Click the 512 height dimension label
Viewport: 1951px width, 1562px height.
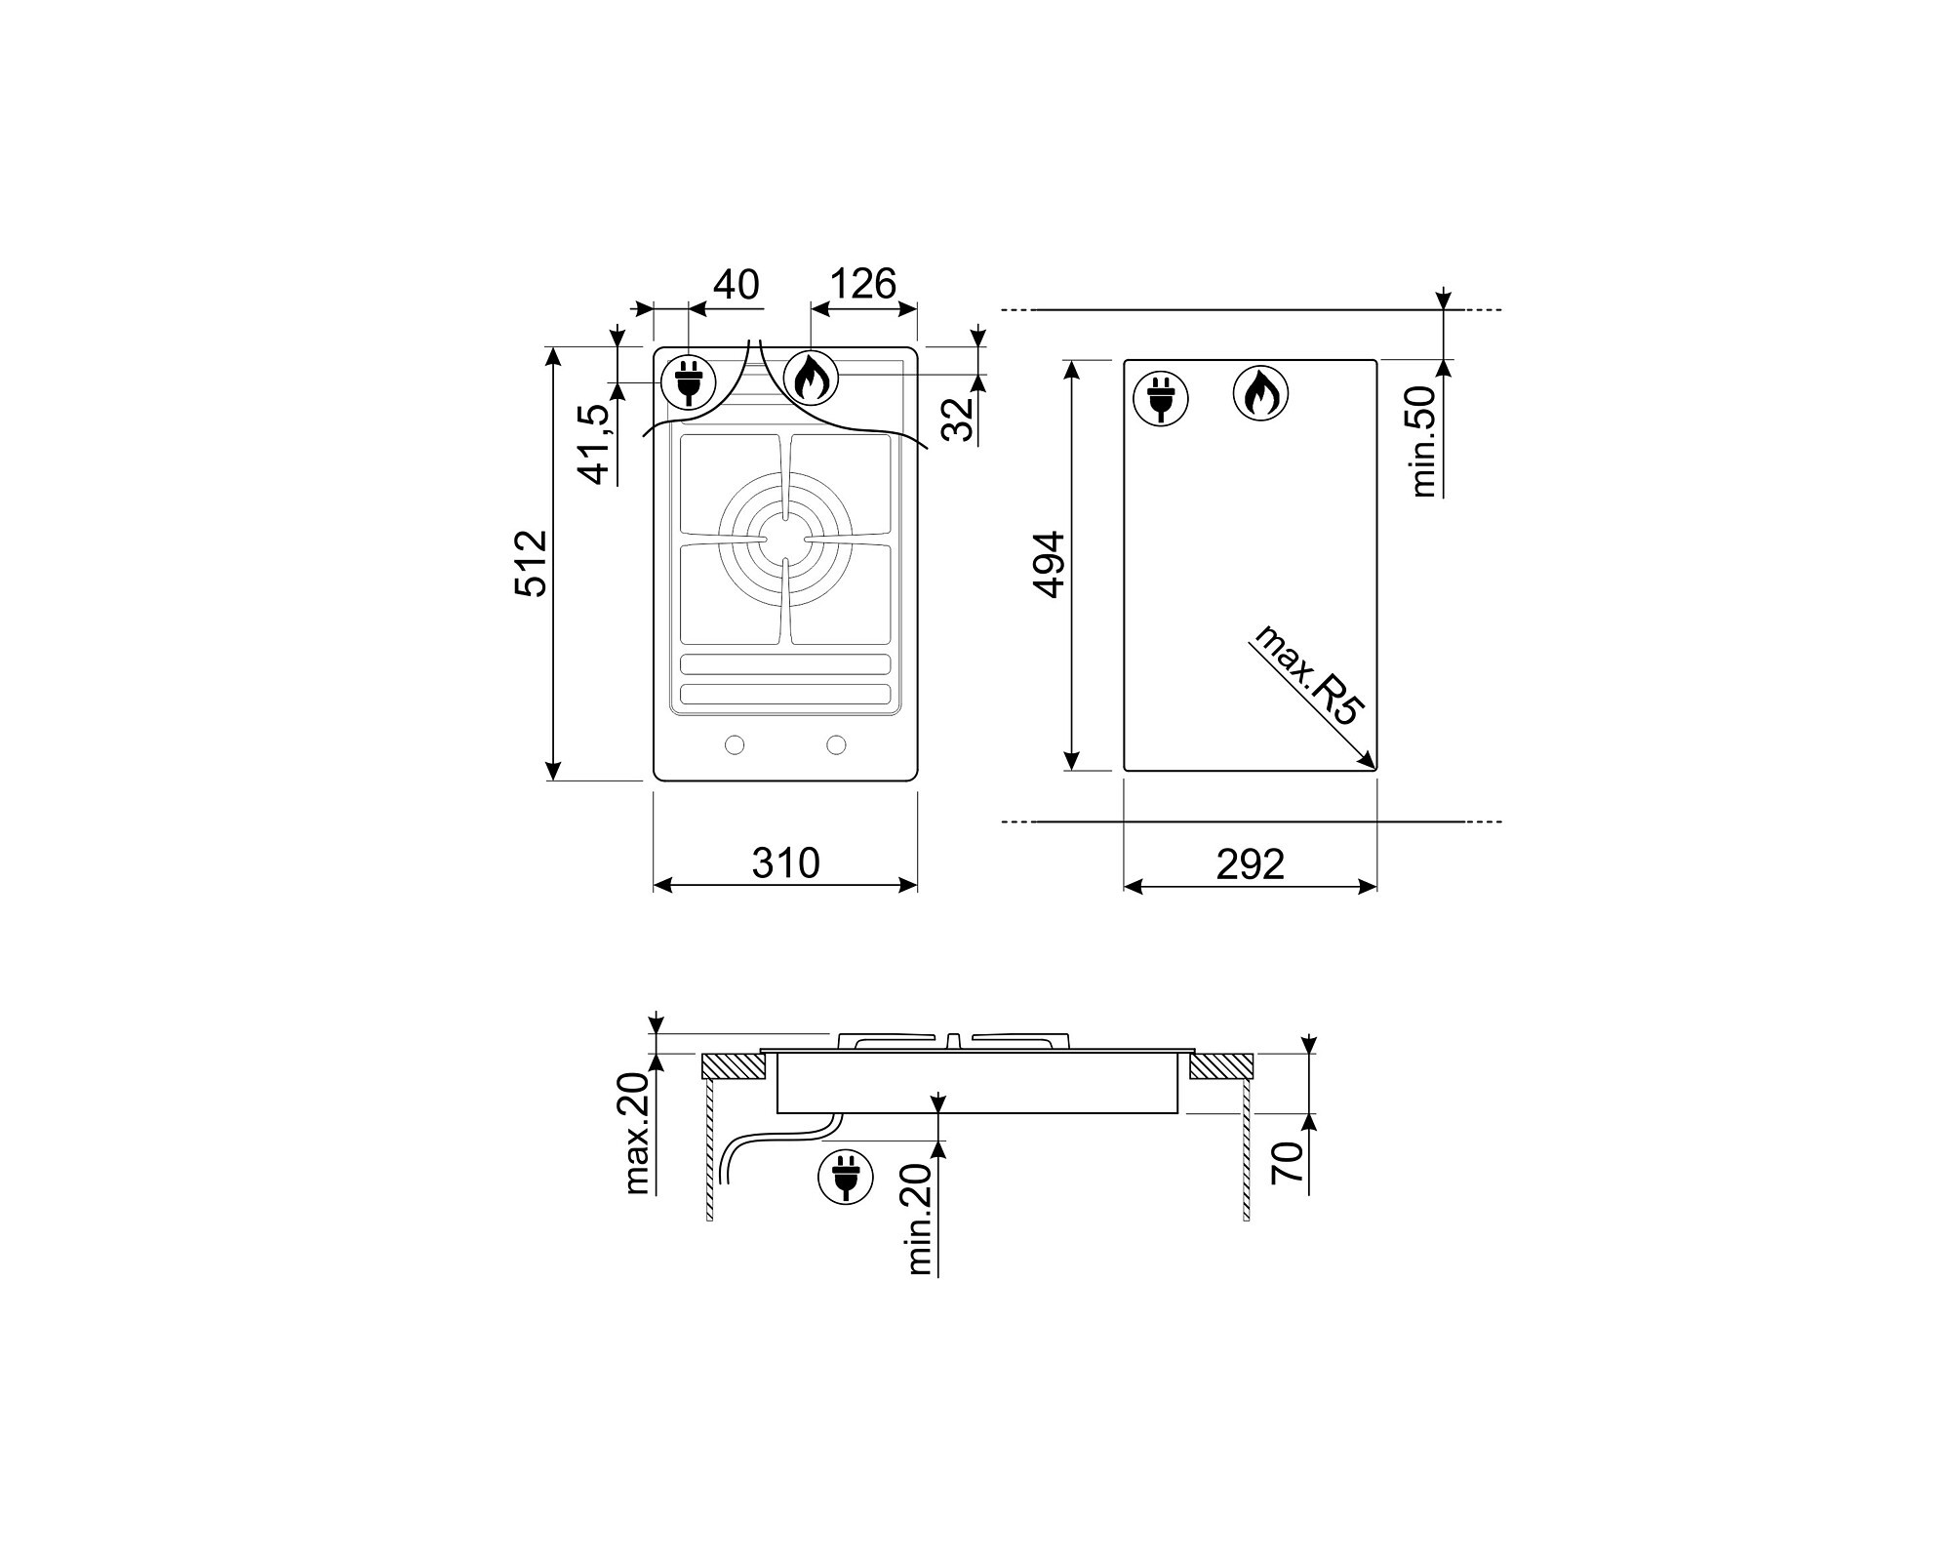pos(533,563)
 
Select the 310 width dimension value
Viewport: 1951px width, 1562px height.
pos(785,863)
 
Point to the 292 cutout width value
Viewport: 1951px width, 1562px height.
pos(1250,864)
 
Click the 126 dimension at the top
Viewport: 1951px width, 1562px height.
pos(863,284)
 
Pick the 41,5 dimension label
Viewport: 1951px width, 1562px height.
pos(596,444)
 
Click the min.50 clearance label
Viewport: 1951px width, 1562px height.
pos(1423,441)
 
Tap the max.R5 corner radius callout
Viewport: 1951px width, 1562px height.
pos(1308,673)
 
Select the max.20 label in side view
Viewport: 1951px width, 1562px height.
pos(637,1134)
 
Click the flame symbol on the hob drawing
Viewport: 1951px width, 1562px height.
pos(811,379)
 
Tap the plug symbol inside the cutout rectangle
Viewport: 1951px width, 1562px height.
pos(1161,398)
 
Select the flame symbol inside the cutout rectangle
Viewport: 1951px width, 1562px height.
pos(1260,394)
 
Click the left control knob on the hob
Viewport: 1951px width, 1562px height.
pos(735,745)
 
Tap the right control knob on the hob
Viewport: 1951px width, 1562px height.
pos(836,745)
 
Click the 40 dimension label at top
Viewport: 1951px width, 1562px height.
pos(737,285)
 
